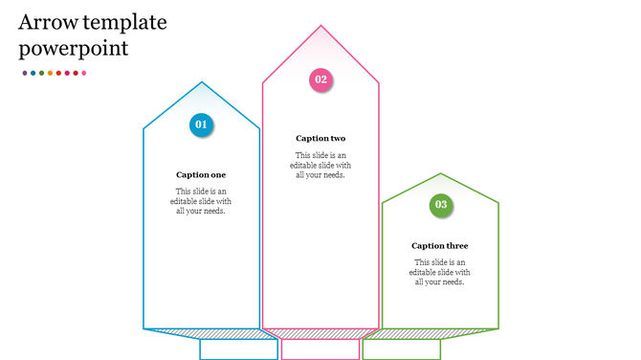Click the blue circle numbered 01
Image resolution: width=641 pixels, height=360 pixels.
tap(201, 124)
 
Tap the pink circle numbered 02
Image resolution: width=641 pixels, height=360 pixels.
tap(320, 79)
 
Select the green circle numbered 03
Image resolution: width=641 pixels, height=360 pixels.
tap(440, 204)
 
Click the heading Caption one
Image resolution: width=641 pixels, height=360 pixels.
tap(201, 175)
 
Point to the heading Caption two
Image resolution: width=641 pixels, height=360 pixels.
tap(320, 139)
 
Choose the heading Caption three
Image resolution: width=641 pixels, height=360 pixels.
tap(440, 246)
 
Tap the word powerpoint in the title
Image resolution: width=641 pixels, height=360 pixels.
tap(73, 49)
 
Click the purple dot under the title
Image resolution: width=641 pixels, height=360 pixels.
tap(25, 73)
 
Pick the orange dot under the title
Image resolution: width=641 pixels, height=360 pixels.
tap(50, 73)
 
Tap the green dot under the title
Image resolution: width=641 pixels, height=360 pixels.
tap(41, 73)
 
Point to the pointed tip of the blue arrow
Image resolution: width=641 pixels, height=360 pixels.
tap(201, 83)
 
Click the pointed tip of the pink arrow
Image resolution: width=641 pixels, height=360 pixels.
tap(320, 27)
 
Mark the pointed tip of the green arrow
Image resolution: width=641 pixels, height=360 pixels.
tap(440, 174)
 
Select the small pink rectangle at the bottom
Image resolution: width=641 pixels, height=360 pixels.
tap(320, 349)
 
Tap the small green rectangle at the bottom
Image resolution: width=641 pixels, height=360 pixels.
tap(401, 349)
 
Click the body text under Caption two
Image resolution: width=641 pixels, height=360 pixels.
tap(320, 165)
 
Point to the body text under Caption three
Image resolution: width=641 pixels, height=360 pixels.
tap(440, 272)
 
